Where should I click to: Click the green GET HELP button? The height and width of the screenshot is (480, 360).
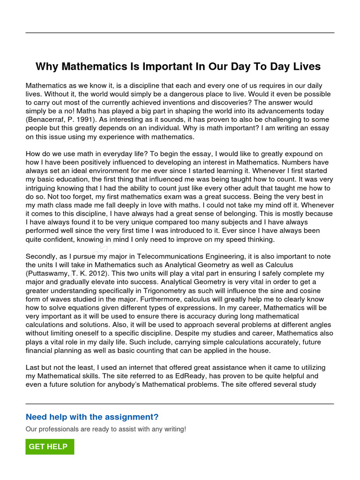49,447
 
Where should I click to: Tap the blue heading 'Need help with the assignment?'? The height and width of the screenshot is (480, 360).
92,417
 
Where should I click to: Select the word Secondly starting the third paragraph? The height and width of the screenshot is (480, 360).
42,256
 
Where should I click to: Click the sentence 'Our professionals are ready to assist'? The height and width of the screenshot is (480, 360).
106,429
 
